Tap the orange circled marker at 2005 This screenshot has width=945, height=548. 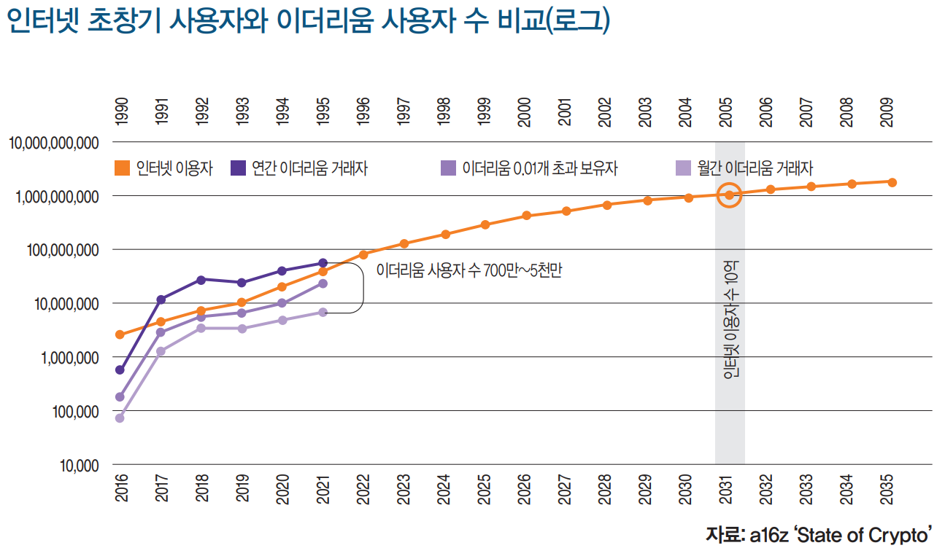click(x=729, y=195)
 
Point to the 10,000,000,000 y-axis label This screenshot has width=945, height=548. click(x=54, y=143)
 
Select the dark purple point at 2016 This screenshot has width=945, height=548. click(x=120, y=370)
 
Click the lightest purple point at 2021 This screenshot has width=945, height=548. click(x=323, y=312)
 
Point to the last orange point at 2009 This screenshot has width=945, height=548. click(x=892, y=182)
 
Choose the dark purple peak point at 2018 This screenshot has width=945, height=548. click(x=201, y=280)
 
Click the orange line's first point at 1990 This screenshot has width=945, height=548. click(x=120, y=335)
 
